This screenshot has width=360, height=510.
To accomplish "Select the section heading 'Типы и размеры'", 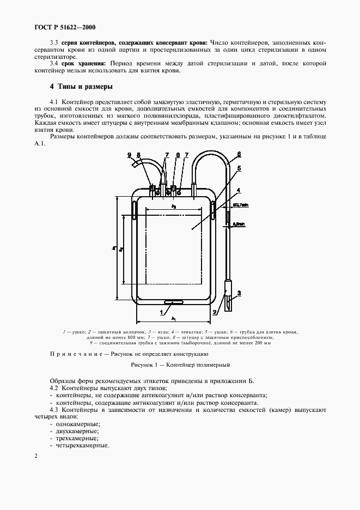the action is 85,87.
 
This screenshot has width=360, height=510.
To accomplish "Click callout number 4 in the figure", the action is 238,190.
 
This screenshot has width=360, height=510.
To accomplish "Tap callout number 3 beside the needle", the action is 239,293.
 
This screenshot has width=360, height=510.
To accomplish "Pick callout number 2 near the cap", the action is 215,312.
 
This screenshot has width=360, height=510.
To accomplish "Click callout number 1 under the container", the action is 161,312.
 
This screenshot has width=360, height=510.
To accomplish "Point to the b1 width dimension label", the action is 173,318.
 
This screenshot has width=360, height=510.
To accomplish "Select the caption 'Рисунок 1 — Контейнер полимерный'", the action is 181,364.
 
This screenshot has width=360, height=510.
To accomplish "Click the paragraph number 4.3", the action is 54,409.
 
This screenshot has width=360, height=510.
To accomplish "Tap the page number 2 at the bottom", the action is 36,456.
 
